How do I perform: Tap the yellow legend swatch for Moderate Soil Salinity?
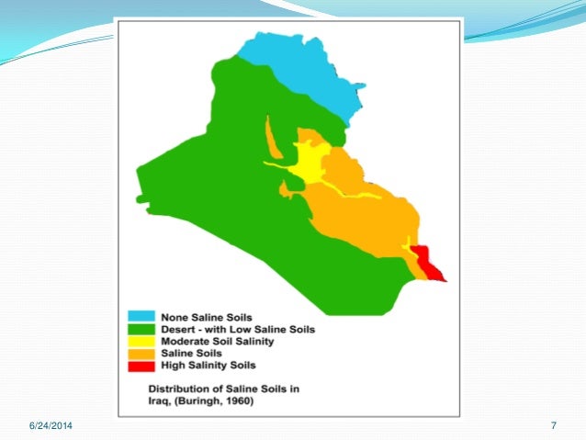pyautogui.click(x=141, y=341)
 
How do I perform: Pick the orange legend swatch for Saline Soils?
pyautogui.click(x=141, y=353)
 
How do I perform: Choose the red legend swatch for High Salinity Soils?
pyautogui.click(x=141, y=365)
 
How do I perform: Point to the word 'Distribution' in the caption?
pyautogui.click(x=180, y=387)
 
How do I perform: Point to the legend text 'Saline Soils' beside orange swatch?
pyautogui.click(x=191, y=353)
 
